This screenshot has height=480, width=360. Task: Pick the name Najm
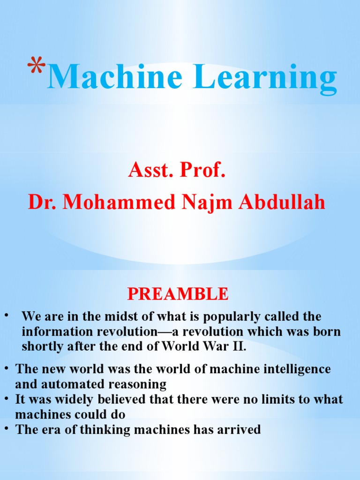click(206, 202)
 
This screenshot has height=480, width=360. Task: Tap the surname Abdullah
click(282, 202)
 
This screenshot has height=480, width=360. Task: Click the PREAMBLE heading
click(178, 294)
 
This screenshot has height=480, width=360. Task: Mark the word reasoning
click(138, 385)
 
